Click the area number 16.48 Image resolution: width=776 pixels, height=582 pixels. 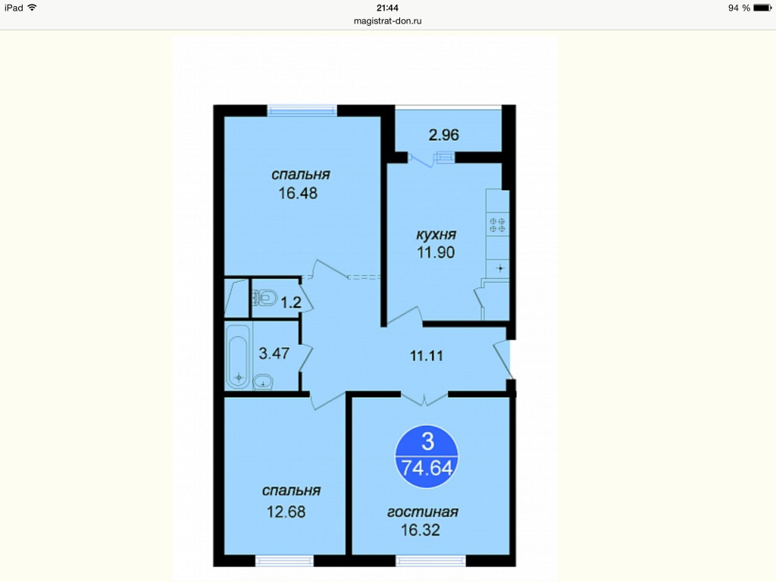click(297, 193)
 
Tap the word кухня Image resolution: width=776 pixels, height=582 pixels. click(436, 235)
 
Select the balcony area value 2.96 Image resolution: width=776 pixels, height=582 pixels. click(443, 135)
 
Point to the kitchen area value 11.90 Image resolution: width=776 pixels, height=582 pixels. click(436, 252)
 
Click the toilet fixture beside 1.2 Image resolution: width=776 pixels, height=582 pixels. click(264, 298)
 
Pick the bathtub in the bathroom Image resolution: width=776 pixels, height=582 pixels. click(238, 356)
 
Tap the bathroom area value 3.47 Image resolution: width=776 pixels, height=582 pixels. click(274, 353)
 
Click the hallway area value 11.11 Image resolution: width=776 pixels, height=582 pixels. click(427, 355)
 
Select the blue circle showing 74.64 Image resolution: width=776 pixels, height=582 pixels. click(427, 456)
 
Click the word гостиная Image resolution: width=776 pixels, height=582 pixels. click(423, 512)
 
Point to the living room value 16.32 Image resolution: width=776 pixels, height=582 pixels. click(420, 530)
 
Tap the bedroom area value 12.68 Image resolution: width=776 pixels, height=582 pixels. click(286, 512)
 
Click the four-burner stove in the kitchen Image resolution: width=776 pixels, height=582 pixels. click(497, 225)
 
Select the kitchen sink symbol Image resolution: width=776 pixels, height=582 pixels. click(499, 269)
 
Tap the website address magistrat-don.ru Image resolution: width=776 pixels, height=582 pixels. click(388, 20)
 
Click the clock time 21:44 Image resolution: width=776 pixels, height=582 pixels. click(387, 8)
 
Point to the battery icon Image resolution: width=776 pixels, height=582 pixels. click(762, 8)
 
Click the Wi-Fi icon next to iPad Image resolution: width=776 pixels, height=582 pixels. click(32, 8)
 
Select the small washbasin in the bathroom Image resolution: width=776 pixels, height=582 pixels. click(263, 382)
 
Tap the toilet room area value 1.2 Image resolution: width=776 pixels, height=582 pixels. click(291, 302)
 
